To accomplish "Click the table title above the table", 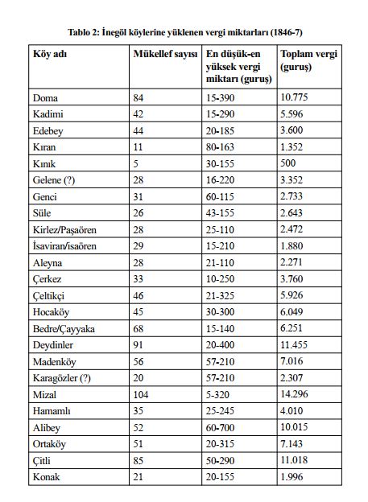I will point(184,31).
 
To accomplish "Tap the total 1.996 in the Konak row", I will point(293,476).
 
